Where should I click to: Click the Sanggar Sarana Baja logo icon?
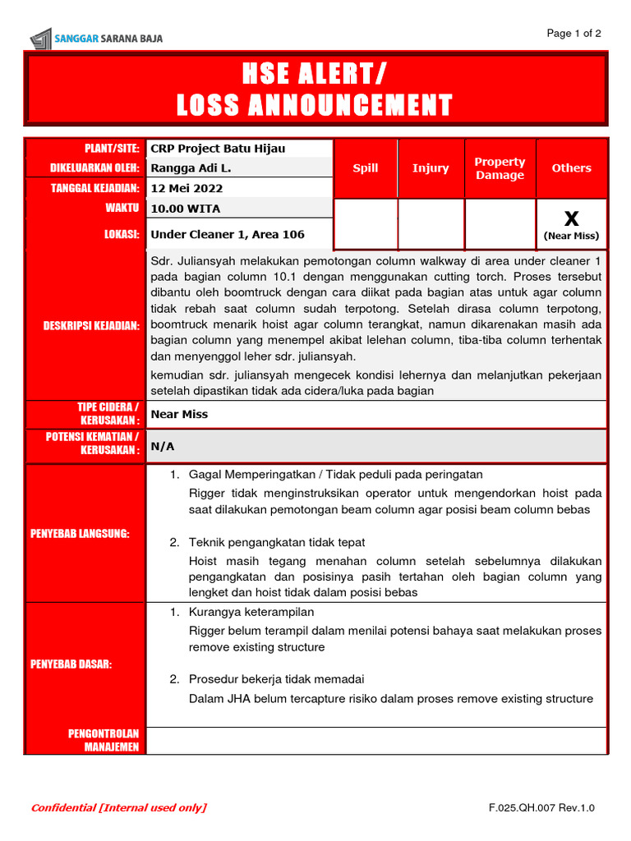[x=40, y=38]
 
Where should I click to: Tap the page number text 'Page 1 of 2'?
[x=574, y=34]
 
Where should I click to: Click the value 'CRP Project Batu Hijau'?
[x=218, y=149]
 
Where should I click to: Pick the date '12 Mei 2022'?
[x=187, y=188]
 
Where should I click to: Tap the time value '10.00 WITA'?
[x=186, y=209]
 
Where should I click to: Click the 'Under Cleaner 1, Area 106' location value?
[x=228, y=235]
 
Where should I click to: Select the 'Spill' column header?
[x=366, y=168]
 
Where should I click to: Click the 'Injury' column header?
[x=431, y=168]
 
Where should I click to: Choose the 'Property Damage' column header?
[x=500, y=168]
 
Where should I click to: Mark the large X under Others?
[x=571, y=218]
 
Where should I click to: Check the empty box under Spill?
[x=366, y=224]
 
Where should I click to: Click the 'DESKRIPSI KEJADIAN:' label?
[x=91, y=326]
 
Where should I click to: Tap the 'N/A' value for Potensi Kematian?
[x=163, y=446]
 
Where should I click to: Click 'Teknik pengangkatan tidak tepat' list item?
[x=277, y=543]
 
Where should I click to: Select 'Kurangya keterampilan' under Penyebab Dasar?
[x=251, y=613]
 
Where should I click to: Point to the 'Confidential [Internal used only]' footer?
[x=119, y=808]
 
